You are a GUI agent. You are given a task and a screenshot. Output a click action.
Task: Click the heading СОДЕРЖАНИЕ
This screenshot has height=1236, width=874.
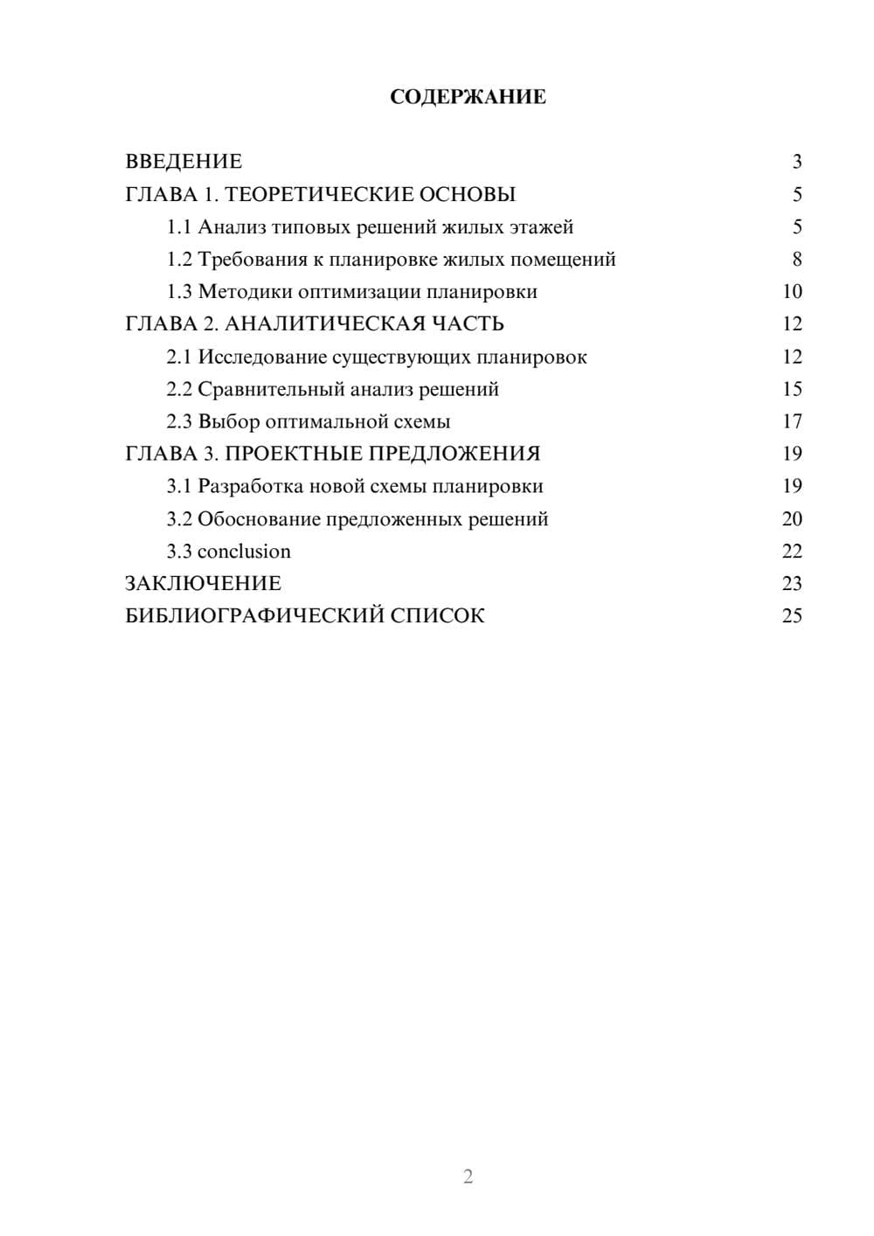(468, 97)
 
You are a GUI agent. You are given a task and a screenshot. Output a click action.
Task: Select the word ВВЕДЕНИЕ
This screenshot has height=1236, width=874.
(184, 162)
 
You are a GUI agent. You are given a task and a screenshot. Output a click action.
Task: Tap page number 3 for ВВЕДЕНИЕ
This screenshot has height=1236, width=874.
(796, 162)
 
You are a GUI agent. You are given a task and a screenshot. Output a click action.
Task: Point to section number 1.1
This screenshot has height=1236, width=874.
(179, 227)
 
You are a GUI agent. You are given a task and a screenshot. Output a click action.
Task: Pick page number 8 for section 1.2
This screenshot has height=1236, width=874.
(796, 260)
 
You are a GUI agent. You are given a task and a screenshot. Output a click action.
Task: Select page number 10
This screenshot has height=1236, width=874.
(792, 292)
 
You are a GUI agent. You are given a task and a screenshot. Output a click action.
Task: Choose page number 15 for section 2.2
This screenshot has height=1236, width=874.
(792, 389)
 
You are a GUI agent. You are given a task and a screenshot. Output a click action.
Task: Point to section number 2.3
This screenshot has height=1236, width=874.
(179, 422)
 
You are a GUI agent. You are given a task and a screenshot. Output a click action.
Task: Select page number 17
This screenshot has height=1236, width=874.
(792, 422)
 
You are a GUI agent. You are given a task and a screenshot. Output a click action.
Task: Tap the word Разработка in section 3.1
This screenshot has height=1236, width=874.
(251, 487)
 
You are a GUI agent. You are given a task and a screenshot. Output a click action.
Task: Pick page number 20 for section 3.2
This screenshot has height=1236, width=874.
(792, 519)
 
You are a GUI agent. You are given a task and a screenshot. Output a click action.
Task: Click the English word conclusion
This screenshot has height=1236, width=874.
(244, 552)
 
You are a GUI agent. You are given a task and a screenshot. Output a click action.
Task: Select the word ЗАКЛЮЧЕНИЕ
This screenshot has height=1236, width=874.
(203, 584)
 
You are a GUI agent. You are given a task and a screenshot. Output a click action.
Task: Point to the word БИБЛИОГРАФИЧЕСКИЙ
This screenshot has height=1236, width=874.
(254, 616)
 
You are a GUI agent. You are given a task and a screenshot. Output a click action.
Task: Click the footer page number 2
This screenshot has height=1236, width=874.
(468, 1177)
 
